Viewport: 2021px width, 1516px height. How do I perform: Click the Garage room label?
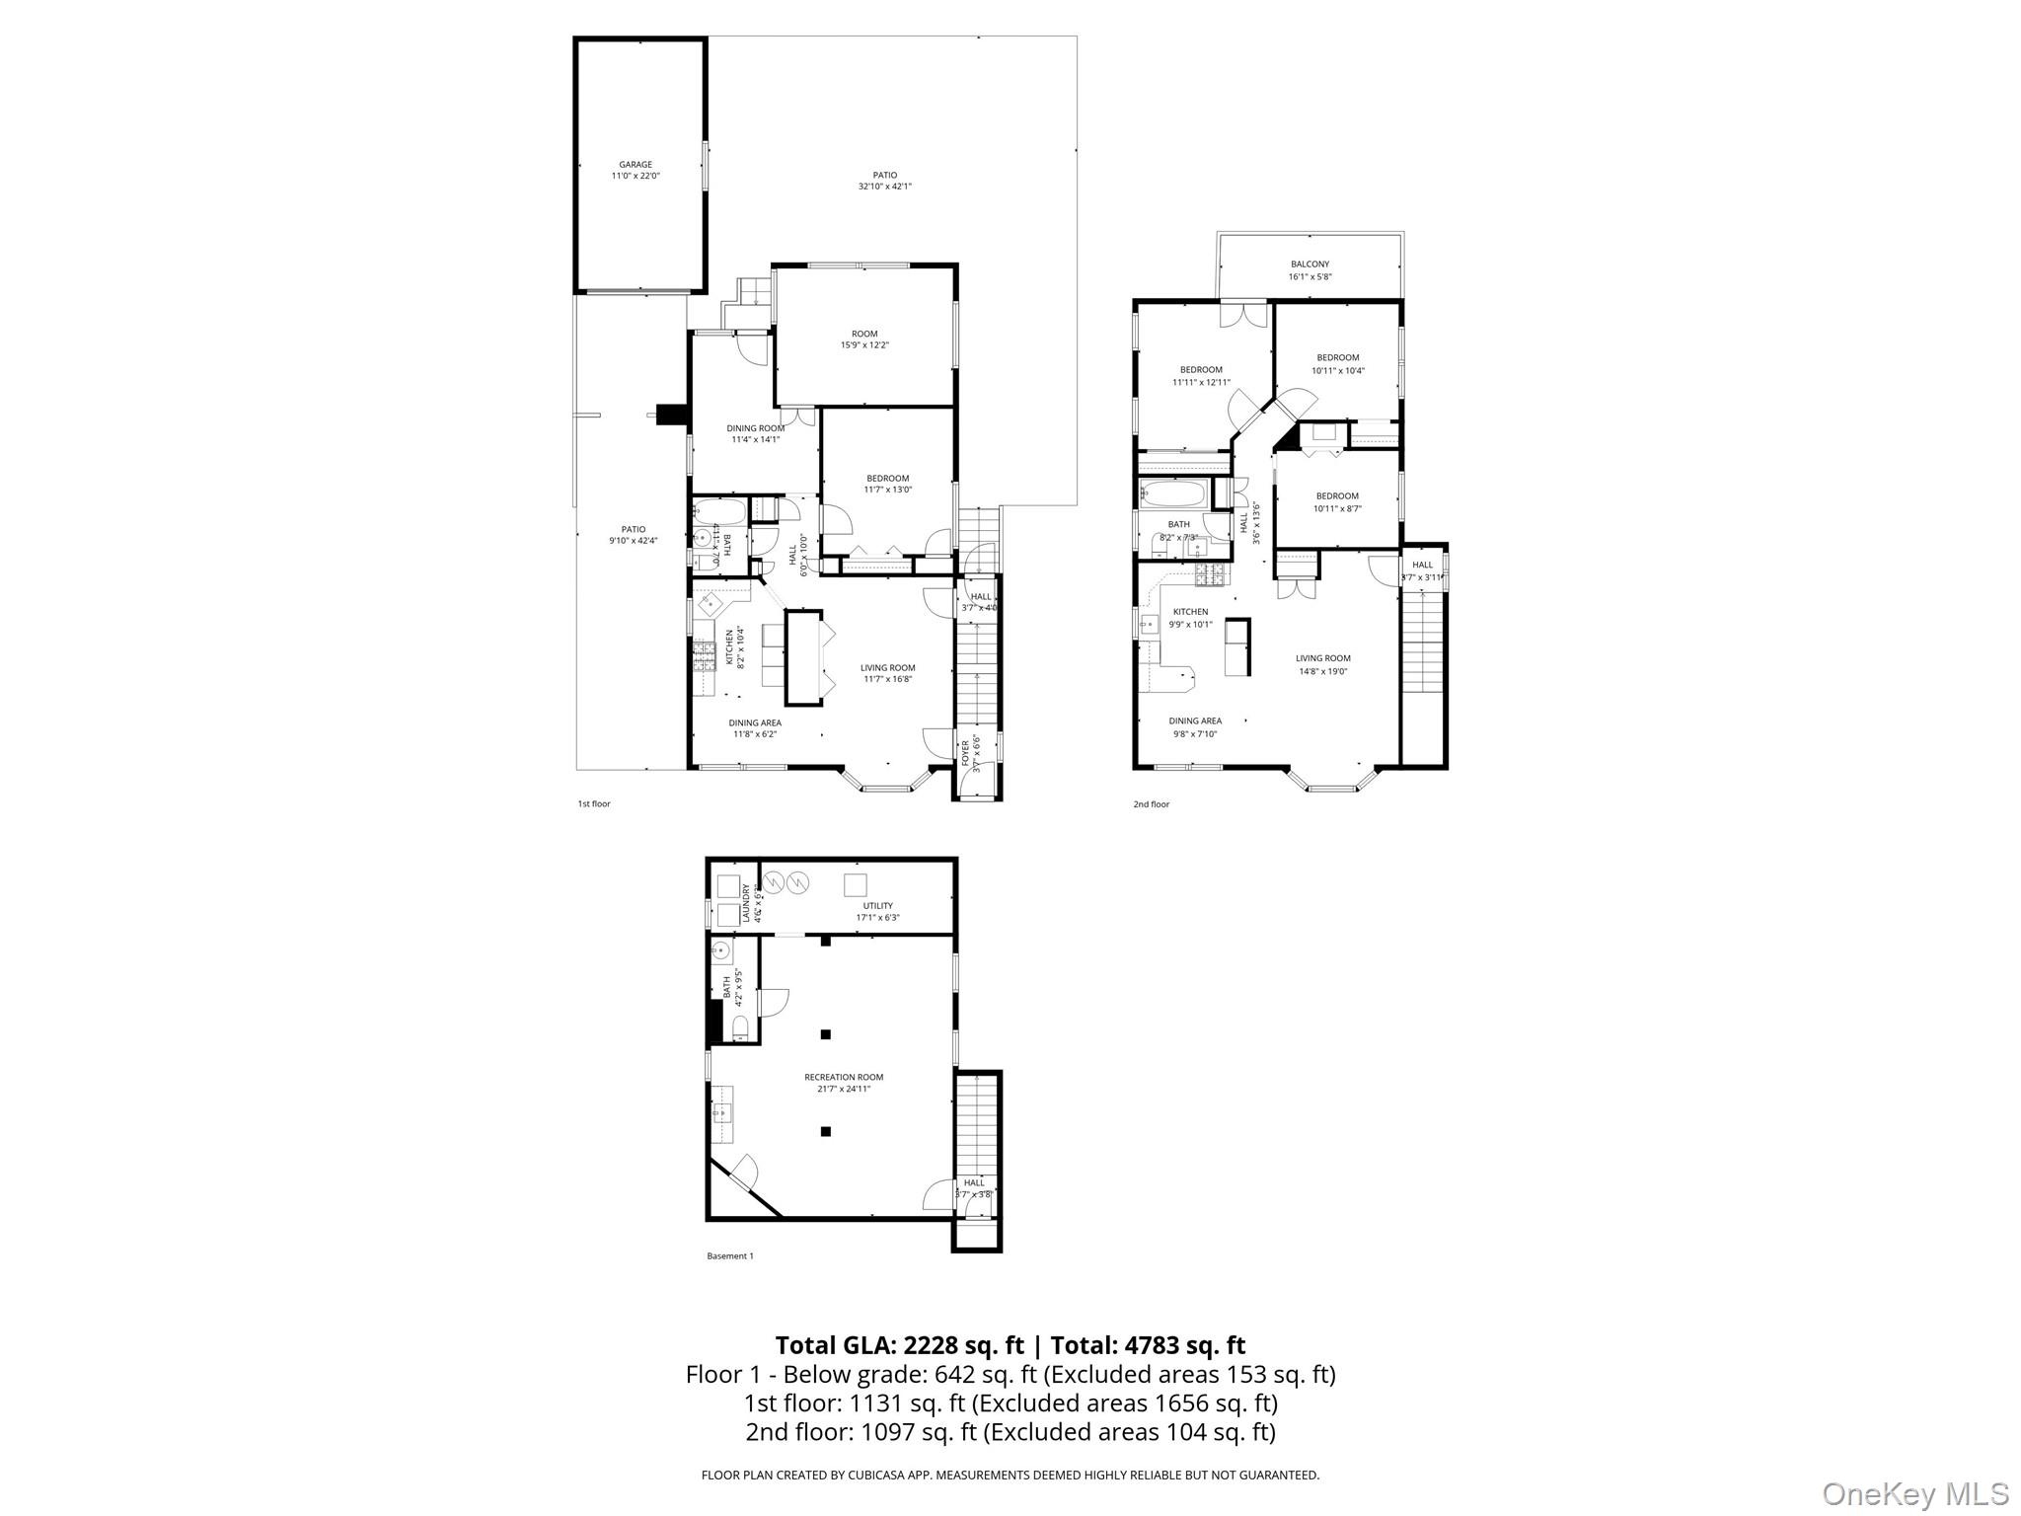[635, 165]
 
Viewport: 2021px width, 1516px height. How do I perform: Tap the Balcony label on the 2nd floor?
[1310, 265]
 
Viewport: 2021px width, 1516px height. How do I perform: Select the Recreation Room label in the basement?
[843, 1078]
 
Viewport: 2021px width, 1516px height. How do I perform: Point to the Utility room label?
[877, 906]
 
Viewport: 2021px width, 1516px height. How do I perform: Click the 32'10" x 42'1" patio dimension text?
[884, 187]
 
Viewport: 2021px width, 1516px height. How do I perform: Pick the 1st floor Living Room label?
[887, 668]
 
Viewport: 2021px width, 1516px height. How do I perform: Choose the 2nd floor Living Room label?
[1322, 658]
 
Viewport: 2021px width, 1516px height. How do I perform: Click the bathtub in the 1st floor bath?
[718, 511]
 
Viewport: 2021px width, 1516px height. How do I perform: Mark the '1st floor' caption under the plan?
[594, 804]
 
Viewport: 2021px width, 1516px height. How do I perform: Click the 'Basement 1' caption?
[730, 1256]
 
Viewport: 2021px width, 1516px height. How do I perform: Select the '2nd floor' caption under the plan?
[1151, 804]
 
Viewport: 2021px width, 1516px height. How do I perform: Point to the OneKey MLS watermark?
[1914, 1493]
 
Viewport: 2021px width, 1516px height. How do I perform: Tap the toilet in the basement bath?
[741, 1031]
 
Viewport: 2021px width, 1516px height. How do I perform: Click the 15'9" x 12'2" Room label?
[864, 340]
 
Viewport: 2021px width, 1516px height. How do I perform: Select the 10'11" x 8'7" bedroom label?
[1336, 502]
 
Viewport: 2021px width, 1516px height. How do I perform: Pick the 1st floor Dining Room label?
[756, 428]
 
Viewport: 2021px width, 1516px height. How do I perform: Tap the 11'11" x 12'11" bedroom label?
[1201, 376]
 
